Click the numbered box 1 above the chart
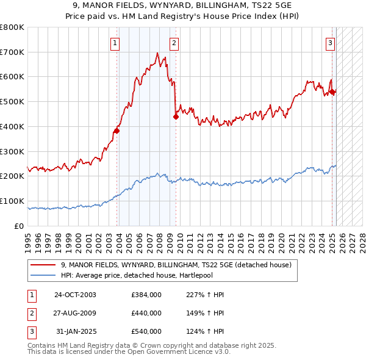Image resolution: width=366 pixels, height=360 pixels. tap(115, 43)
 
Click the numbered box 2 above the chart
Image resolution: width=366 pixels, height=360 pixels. tap(174, 43)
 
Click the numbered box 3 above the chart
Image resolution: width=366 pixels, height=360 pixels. tap(330, 43)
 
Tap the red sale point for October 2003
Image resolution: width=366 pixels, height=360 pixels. tap(117, 130)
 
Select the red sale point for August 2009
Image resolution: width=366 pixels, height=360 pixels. tap(176, 116)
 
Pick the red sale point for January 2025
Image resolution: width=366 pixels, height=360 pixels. tap(332, 92)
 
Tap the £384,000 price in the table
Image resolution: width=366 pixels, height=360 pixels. tap(146, 295)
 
